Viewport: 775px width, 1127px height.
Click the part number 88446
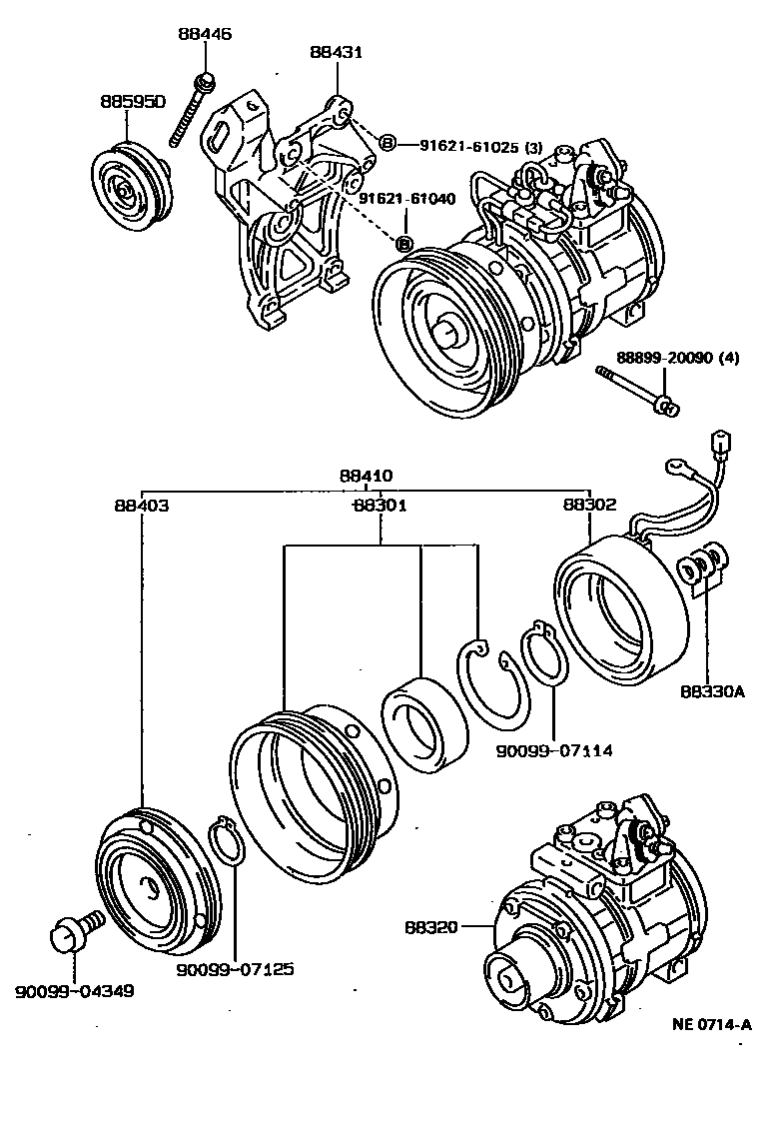205,34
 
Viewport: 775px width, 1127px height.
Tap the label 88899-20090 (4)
677,358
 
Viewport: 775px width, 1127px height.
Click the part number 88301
380,506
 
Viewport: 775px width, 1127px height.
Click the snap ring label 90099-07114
554,748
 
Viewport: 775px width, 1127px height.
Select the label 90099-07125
236,969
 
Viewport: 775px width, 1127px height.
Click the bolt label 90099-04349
75,991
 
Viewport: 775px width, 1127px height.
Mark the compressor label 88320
431,927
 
